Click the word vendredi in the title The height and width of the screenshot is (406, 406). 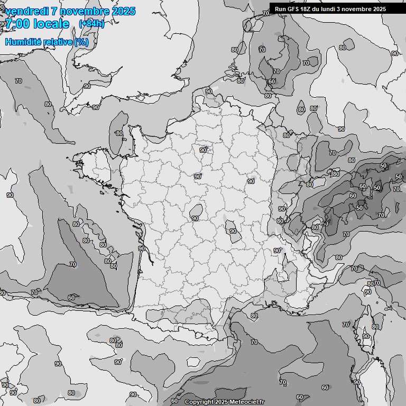point(27,11)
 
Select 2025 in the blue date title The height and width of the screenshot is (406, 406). point(123,11)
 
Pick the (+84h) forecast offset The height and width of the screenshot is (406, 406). point(91,24)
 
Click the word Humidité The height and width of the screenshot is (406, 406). point(23,42)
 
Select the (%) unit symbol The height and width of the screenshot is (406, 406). point(81,42)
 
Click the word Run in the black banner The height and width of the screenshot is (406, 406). point(280,9)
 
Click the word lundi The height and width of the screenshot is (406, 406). point(330,9)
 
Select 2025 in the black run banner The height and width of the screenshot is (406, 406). point(379,9)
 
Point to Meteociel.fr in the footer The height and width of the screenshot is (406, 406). point(246,402)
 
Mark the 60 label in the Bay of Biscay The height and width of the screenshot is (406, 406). point(71,298)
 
